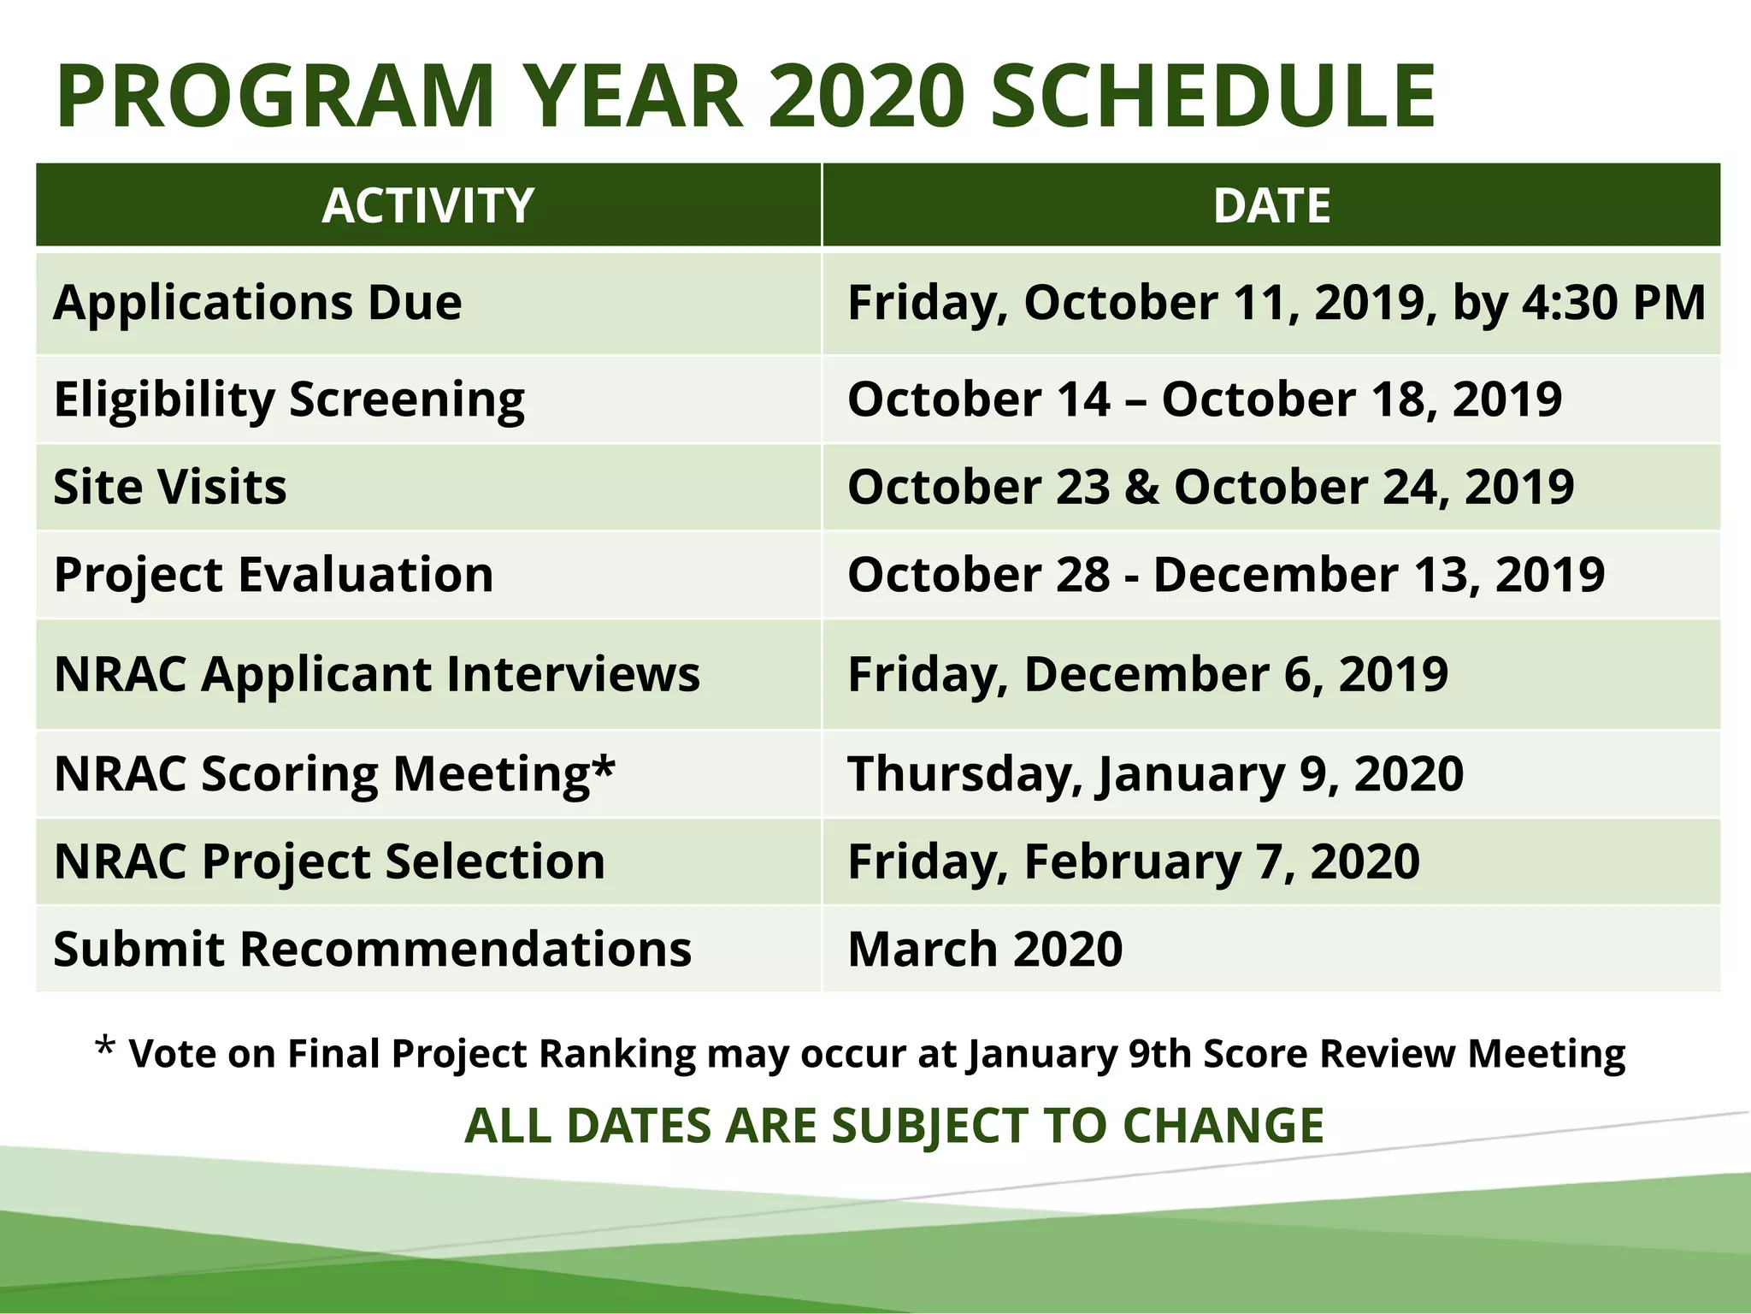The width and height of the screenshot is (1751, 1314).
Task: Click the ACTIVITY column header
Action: point(427,206)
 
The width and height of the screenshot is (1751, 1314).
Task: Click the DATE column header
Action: point(1271,206)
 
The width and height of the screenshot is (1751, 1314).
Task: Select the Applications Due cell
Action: point(257,303)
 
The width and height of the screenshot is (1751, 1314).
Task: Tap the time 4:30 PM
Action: point(1612,303)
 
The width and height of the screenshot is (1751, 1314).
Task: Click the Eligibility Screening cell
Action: point(289,400)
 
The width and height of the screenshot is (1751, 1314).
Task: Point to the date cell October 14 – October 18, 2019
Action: point(1204,400)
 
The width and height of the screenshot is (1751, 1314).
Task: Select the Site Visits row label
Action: point(170,487)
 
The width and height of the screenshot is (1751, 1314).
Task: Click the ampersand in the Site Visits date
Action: point(1141,487)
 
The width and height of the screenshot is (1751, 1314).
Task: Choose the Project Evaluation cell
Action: point(274,574)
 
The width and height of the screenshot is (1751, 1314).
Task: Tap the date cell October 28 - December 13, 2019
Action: point(1225,574)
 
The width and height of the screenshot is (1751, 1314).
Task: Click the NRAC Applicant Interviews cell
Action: point(376,674)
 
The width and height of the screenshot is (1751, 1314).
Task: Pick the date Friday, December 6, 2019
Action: point(1147,674)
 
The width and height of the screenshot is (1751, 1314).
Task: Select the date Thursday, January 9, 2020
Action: point(1155,774)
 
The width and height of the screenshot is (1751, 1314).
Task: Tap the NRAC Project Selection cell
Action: point(329,861)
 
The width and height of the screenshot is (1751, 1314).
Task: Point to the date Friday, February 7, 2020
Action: point(1133,861)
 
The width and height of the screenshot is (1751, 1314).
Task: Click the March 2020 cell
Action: point(984,949)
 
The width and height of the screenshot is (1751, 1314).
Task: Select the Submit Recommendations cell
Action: point(372,949)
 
